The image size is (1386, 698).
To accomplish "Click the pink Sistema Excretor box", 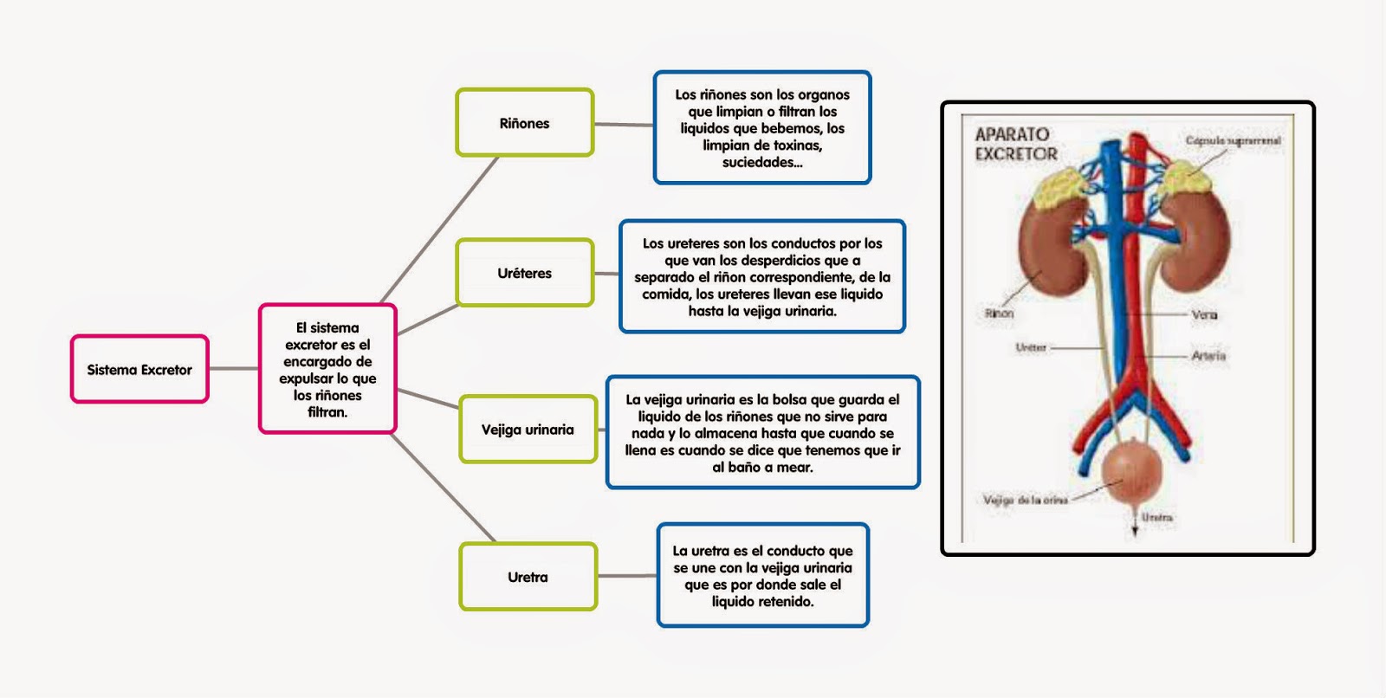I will point(139,370).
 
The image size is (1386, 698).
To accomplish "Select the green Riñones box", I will point(524,123).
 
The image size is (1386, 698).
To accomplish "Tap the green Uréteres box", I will point(524,273).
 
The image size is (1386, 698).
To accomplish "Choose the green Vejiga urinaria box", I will point(528,430).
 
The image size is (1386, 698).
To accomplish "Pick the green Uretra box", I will point(528,577).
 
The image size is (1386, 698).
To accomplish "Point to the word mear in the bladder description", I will point(795,468).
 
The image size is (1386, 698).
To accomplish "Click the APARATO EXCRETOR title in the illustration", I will point(1015,145).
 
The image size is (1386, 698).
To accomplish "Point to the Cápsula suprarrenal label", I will point(1233,140).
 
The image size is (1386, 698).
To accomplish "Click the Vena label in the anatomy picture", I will point(1204,314).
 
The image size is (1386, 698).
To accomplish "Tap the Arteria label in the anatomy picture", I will point(1208,356).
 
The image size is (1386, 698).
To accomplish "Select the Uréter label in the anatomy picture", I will point(1031,348).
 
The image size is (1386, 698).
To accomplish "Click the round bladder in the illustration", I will point(1129,475).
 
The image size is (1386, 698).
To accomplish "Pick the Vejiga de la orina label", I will point(1025,500).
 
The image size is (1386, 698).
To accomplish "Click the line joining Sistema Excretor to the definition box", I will point(234,369).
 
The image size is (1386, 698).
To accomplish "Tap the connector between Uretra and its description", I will point(626,576).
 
